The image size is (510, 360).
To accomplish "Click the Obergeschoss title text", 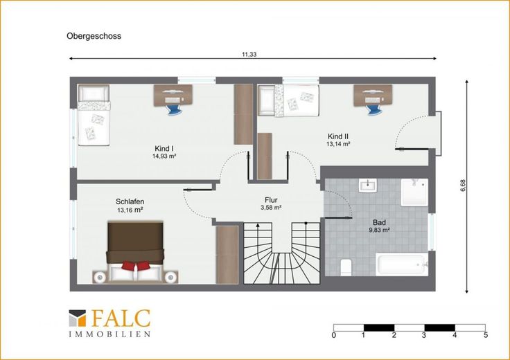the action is pos(94,36).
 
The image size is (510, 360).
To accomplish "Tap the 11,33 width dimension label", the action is pos(249,55).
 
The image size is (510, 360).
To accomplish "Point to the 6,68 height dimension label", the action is pos(463,186).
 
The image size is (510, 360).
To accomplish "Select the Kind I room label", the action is pos(164,148).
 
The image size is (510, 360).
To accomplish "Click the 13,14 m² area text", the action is pos(338,144).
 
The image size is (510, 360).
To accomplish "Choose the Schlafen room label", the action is pos(130,201).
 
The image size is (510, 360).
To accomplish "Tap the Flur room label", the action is pos(271,200).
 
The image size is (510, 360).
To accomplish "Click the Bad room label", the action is pos(379,222).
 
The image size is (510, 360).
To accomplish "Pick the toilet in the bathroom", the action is pos(345,267).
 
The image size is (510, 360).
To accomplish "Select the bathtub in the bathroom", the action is pos(402,264).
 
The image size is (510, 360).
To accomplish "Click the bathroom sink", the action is pos(368,186).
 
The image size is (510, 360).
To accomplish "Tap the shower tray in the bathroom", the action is pos(414,192).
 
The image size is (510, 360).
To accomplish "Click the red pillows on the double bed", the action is pos(136,265).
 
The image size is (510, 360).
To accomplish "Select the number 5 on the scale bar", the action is pos(486,335).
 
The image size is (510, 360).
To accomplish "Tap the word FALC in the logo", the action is pos(121,318).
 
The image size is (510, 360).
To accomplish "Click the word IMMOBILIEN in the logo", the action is pos(109,334).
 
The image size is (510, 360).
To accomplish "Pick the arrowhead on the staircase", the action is pos(258,225).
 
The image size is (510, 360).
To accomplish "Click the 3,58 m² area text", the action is pos(271,208).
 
